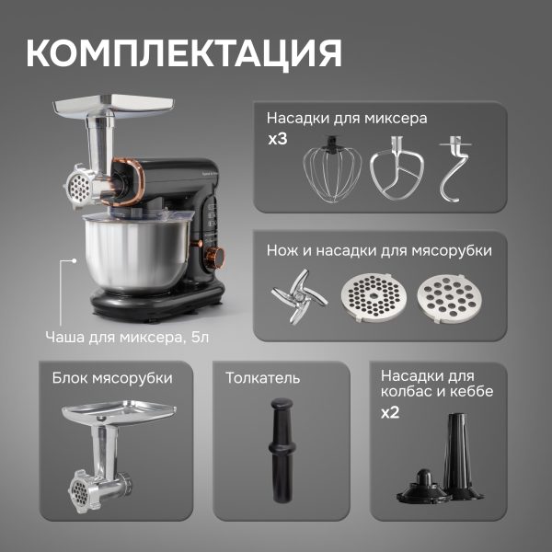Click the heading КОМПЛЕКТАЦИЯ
coord(184,53)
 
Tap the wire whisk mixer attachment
coord(331,169)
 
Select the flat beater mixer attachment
coord(397,168)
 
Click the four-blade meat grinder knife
coord(299,296)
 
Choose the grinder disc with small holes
coord(374,297)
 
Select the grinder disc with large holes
coord(450,298)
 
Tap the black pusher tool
coord(282,450)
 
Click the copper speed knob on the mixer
coord(214,257)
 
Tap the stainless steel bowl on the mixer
coord(137,254)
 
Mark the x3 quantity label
coord(278,139)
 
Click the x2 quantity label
coord(390,412)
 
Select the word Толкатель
coord(262,378)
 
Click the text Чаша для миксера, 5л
coord(127,338)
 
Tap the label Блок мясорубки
coord(112,378)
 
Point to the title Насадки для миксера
coord(347,118)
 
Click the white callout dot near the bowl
coord(74,261)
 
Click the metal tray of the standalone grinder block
coord(119,411)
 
